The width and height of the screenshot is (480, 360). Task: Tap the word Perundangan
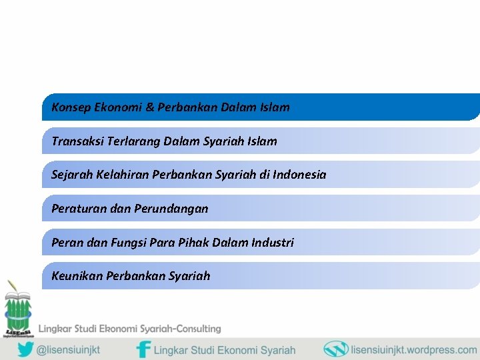(x=171, y=209)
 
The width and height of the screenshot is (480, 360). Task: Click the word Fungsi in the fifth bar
(x=128, y=243)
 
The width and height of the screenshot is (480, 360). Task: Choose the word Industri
(x=272, y=243)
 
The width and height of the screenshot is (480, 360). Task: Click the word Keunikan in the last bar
(x=77, y=276)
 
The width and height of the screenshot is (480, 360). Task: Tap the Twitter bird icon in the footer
(x=25, y=349)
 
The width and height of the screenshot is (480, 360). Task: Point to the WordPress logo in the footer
(x=335, y=349)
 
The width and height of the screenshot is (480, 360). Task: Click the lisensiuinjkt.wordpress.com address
(x=413, y=349)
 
